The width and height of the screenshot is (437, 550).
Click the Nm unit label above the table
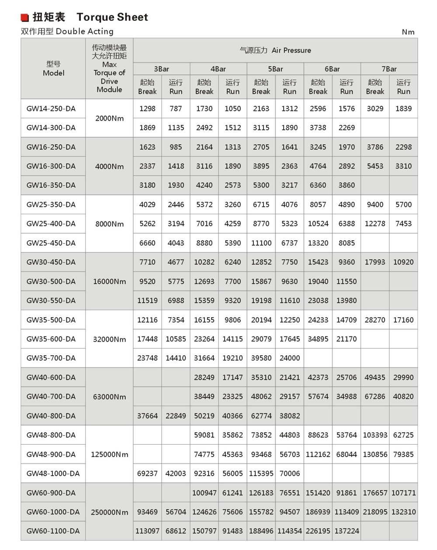(x=408, y=32)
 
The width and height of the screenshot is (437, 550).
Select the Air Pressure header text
(x=275, y=50)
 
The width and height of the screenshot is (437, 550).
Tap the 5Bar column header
(x=275, y=69)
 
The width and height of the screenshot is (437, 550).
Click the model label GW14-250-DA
(x=51, y=109)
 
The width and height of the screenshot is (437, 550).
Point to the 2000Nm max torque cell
(x=109, y=118)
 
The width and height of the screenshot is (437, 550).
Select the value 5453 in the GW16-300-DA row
(x=375, y=166)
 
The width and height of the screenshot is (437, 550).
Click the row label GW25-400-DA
(x=51, y=224)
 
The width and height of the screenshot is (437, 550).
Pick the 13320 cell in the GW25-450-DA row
(x=318, y=243)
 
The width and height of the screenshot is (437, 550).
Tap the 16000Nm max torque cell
(x=109, y=281)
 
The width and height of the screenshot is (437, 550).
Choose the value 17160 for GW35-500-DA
(x=403, y=320)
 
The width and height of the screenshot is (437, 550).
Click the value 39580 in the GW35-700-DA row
(x=261, y=358)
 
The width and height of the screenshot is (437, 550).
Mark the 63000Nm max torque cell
(x=109, y=397)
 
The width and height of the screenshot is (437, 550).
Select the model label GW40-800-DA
(x=51, y=416)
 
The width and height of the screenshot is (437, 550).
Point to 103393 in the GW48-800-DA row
(x=375, y=435)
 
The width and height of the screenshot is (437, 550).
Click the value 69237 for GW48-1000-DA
(x=147, y=474)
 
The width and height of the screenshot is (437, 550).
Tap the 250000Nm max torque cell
(x=109, y=512)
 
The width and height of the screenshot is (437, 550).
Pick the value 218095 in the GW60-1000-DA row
(x=375, y=512)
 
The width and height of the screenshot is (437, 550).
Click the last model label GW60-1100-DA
(x=53, y=531)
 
